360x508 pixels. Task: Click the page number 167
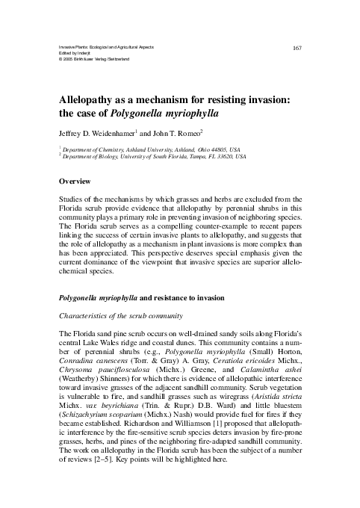tap(297, 48)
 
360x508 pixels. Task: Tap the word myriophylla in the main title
tap(187, 114)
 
